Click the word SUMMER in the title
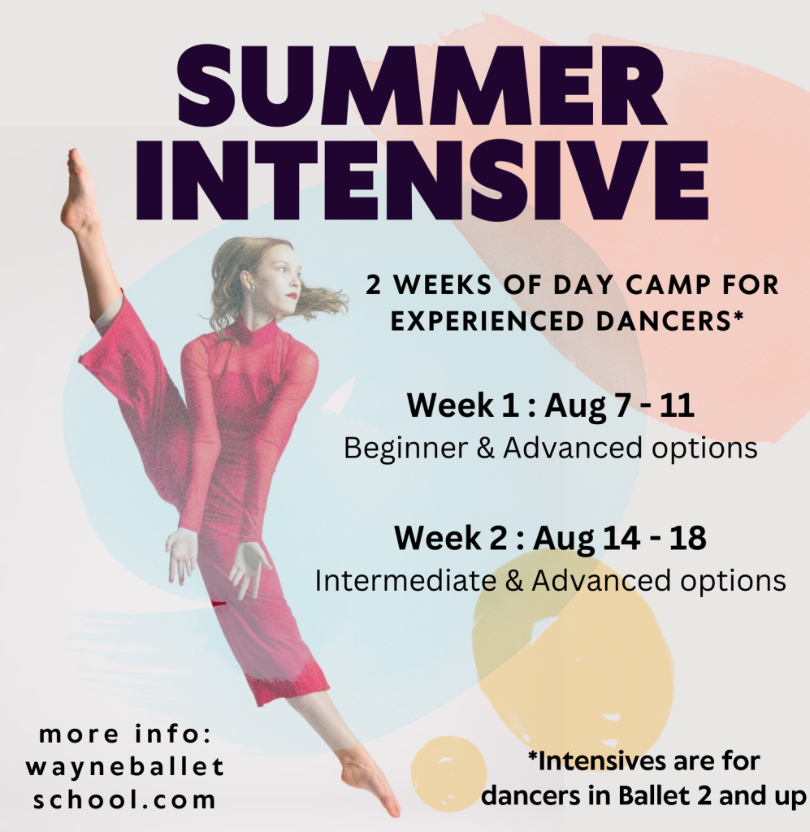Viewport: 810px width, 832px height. tap(422, 85)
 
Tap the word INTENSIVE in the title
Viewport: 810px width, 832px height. tap(422, 180)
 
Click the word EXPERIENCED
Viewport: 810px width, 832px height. tap(488, 321)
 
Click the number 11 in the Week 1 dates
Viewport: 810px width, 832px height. tap(677, 406)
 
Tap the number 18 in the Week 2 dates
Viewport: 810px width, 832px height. tap(687, 538)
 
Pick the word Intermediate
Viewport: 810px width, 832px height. tap(405, 580)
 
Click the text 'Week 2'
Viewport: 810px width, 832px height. tap(453, 538)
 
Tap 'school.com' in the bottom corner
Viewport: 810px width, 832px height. tap(124, 800)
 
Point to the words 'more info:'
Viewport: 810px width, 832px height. tap(126, 734)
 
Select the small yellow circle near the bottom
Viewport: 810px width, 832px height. tap(448, 774)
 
